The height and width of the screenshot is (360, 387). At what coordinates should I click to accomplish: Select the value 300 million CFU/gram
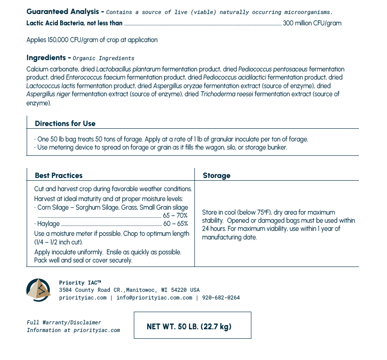[312, 23]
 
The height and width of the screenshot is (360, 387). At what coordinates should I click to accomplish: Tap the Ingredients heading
[46, 58]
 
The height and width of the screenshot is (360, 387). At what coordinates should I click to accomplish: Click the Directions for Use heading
[65, 123]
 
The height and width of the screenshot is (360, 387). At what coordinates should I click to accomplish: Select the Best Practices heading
[59, 175]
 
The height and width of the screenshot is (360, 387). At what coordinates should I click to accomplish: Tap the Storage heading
[217, 175]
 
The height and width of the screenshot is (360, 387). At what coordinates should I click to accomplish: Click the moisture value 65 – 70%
[175, 215]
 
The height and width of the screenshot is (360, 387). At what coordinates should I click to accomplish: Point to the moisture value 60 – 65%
[175, 224]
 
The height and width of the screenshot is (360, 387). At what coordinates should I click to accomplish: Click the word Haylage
[48, 224]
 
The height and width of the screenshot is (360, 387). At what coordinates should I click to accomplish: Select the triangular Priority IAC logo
[38, 290]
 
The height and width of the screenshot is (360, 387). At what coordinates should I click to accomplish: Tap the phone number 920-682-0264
[221, 298]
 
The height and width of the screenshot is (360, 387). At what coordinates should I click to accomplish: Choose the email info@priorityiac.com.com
[154, 298]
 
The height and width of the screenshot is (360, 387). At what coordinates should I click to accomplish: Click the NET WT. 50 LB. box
[192, 325]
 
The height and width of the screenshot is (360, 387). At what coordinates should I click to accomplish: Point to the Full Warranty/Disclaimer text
[64, 323]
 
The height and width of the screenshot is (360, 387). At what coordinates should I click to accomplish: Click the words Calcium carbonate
[52, 69]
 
